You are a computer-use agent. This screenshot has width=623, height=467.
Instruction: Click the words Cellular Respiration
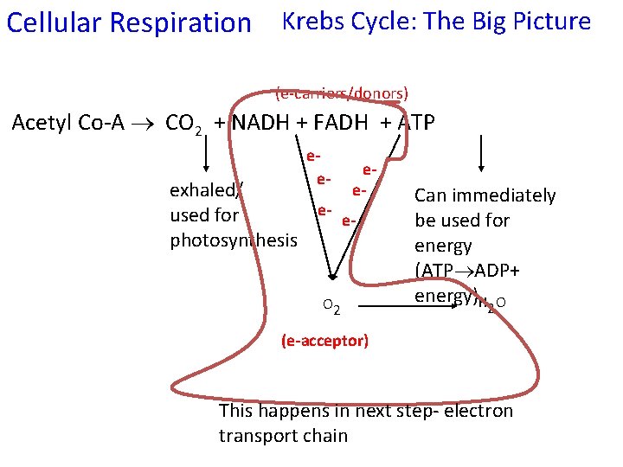click(128, 22)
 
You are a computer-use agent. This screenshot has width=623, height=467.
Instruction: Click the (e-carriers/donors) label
click(342, 93)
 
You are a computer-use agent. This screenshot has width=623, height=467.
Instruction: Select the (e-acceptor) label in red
click(324, 341)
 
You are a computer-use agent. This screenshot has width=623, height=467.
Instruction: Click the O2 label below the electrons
click(331, 304)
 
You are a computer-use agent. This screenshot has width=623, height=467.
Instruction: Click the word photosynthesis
click(234, 240)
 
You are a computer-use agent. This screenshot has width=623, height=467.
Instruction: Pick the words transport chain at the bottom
click(283, 435)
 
